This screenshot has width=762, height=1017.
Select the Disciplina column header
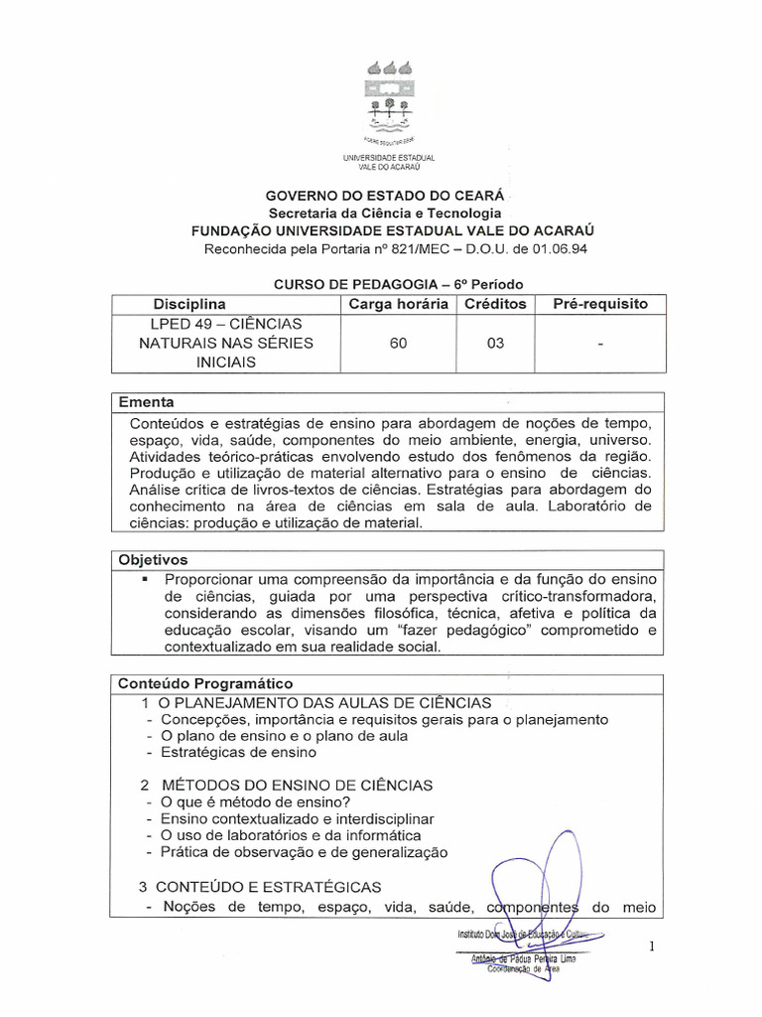pyautogui.click(x=190, y=304)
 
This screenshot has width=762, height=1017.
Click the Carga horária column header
pyautogui.click(x=398, y=304)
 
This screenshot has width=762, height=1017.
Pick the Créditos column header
pyautogui.click(x=495, y=304)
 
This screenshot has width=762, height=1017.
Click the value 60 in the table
pyautogui.click(x=397, y=344)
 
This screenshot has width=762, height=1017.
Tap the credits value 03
pyautogui.click(x=495, y=344)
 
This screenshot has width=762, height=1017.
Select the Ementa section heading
pyautogui.click(x=146, y=402)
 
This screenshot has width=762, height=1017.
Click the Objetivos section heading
pyautogui.click(x=153, y=560)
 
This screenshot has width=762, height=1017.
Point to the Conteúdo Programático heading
pyautogui.click(x=205, y=683)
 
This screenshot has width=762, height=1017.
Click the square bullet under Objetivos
pyautogui.click(x=145, y=577)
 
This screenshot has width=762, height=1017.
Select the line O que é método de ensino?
pyautogui.click(x=256, y=802)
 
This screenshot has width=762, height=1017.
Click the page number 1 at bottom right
pyautogui.click(x=651, y=947)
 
